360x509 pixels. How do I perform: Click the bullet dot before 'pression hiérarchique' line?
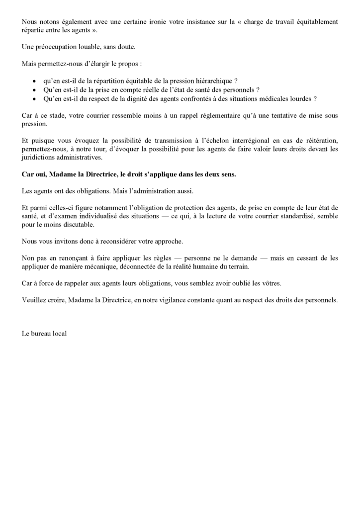pos(34,82)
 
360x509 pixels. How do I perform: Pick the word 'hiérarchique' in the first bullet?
pos(210,82)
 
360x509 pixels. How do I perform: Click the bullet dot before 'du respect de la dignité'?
pos(34,98)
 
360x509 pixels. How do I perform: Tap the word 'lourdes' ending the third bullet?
pos(300,98)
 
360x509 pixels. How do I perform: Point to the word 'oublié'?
pos(239,283)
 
